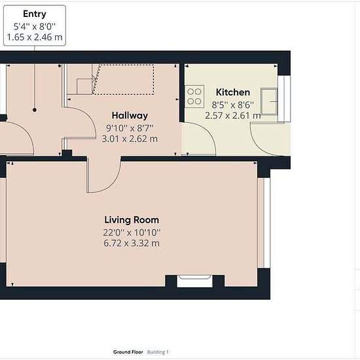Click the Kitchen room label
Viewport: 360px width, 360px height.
(233, 92)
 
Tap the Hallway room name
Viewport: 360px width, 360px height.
(130, 115)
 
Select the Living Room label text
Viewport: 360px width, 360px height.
(132, 220)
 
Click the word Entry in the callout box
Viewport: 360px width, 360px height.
(35, 14)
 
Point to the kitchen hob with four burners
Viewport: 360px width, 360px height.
(194, 96)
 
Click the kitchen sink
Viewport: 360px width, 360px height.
(269, 101)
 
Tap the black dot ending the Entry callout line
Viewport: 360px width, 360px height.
(35, 110)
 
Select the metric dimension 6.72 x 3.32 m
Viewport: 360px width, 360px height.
(132, 243)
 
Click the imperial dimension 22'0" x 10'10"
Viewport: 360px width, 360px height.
(132, 232)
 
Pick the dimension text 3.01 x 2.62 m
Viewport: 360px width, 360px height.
(130, 139)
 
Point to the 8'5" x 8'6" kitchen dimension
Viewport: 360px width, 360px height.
(232, 105)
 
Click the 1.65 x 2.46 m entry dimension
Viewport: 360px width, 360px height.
(35, 37)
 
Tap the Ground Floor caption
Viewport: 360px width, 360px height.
(128, 352)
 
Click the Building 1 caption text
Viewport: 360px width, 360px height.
(158, 352)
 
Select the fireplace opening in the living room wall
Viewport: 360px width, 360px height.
(194, 281)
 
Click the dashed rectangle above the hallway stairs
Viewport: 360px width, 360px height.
(123, 79)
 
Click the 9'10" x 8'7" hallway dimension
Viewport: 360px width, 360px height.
(130, 128)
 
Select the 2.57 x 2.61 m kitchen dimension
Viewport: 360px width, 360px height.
(233, 115)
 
